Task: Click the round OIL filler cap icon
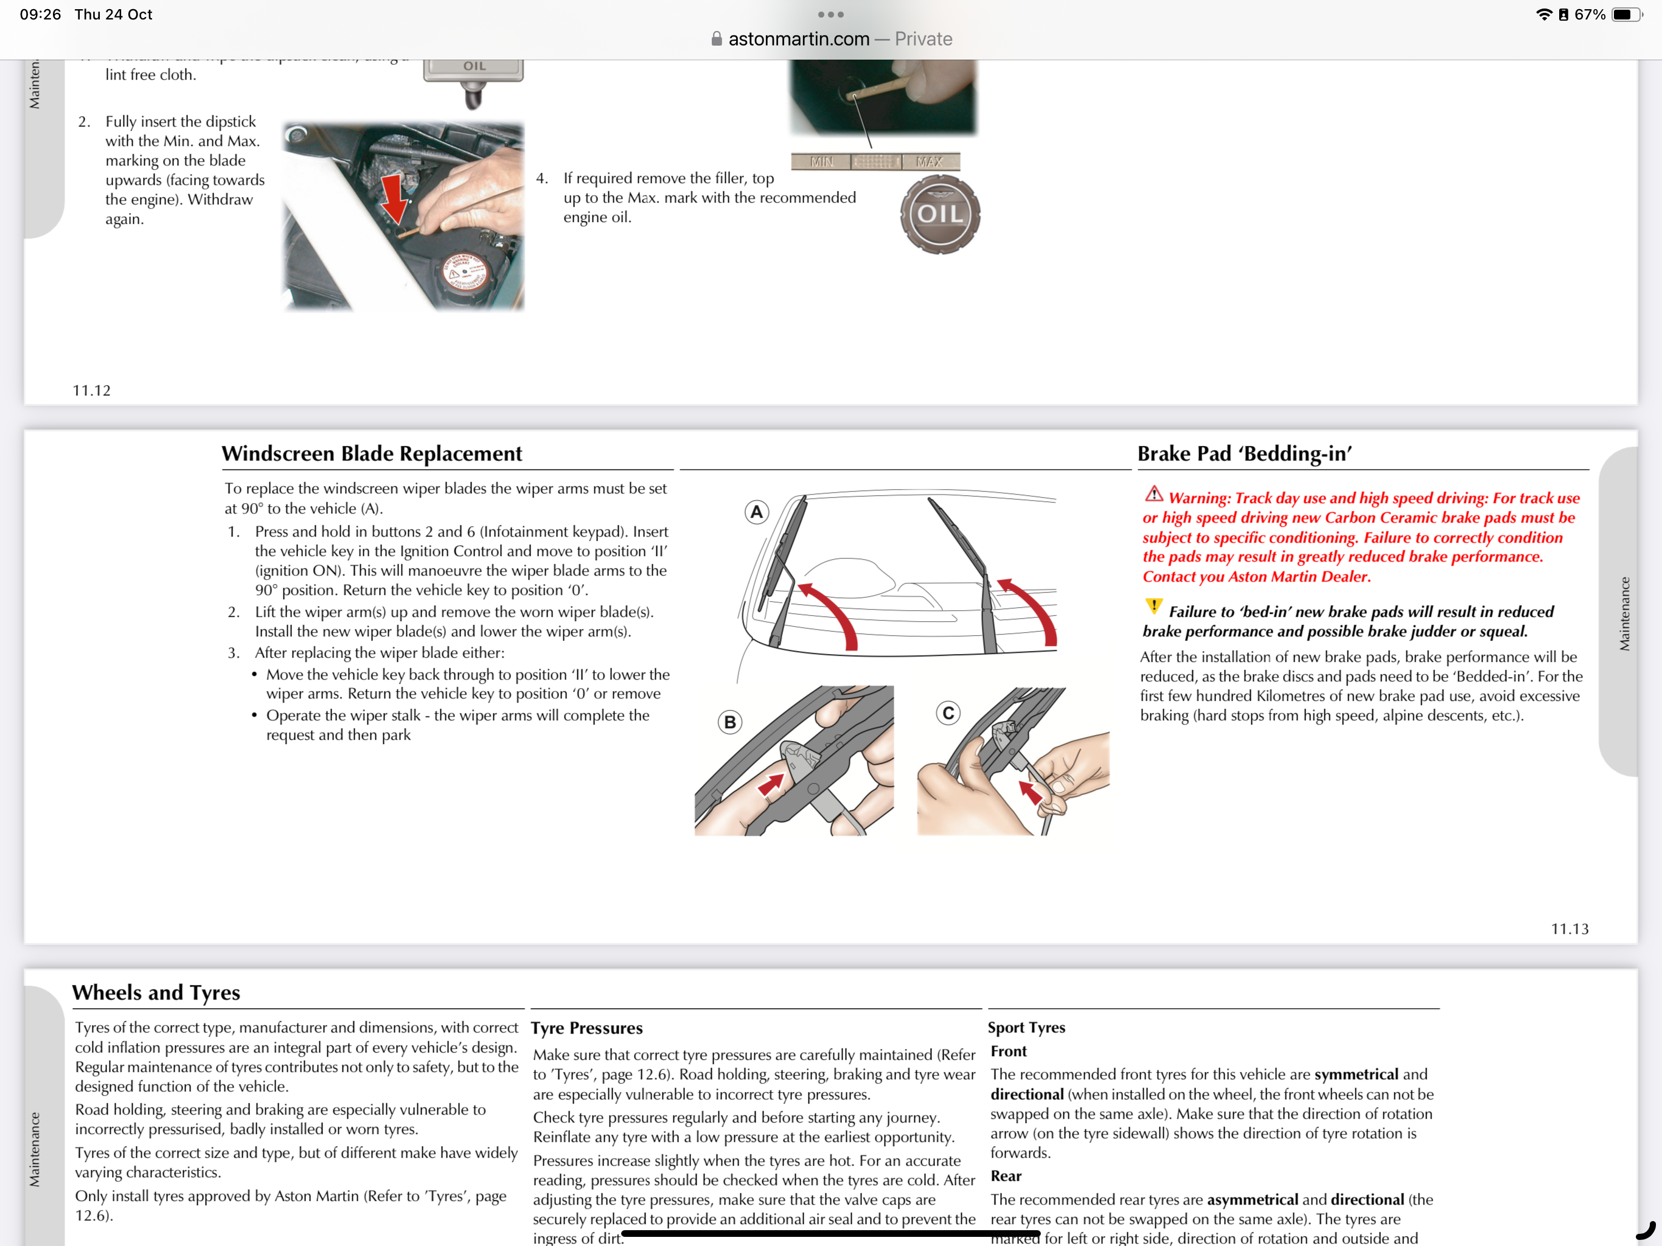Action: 940,214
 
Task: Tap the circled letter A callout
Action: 757,512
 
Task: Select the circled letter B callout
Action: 729,722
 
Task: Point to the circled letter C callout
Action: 949,712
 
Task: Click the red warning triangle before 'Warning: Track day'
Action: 1154,495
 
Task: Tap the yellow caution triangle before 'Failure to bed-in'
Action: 1153,606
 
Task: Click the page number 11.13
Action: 1570,929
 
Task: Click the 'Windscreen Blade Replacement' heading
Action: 372,453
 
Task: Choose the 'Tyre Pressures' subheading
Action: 587,1028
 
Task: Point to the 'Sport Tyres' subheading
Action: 1026,1028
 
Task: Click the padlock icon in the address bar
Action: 717,39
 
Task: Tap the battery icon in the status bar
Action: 1627,14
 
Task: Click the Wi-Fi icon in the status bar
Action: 1544,14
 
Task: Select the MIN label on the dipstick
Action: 822,162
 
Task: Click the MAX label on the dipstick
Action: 930,162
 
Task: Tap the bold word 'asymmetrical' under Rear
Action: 1253,1199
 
